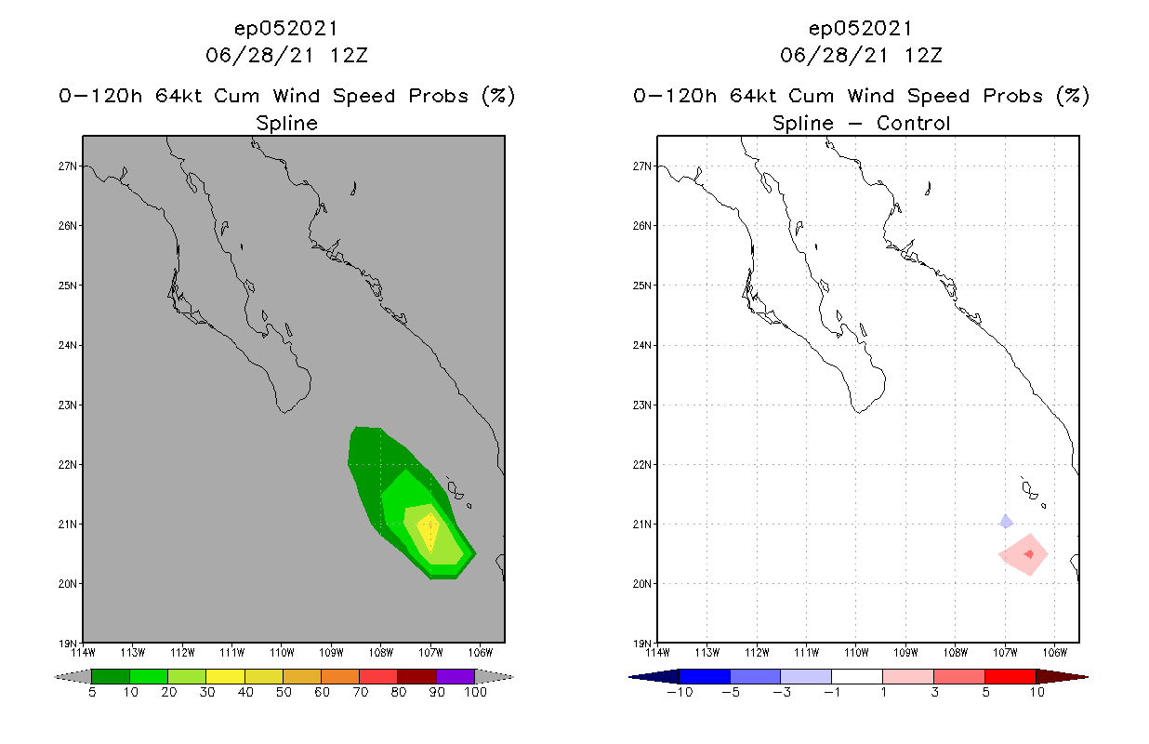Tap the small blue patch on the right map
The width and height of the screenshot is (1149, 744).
click(1006, 522)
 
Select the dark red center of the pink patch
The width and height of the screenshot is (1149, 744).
click(1028, 554)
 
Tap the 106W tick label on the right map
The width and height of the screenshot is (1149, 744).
click(1054, 651)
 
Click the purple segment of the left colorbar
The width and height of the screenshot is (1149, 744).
click(456, 676)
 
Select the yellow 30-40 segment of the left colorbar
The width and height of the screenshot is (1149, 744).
click(225, 676)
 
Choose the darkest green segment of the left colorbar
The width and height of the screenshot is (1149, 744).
click(111, 676)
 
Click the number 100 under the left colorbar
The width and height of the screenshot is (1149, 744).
click(474, 693)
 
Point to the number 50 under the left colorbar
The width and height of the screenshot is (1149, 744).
click(283, 693)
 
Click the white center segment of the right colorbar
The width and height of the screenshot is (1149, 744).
click(856, 676)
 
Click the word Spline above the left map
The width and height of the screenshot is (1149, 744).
click(286, 124)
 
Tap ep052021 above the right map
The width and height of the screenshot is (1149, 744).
click(861, 28)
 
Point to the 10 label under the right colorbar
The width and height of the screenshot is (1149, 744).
click(1036, 693)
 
